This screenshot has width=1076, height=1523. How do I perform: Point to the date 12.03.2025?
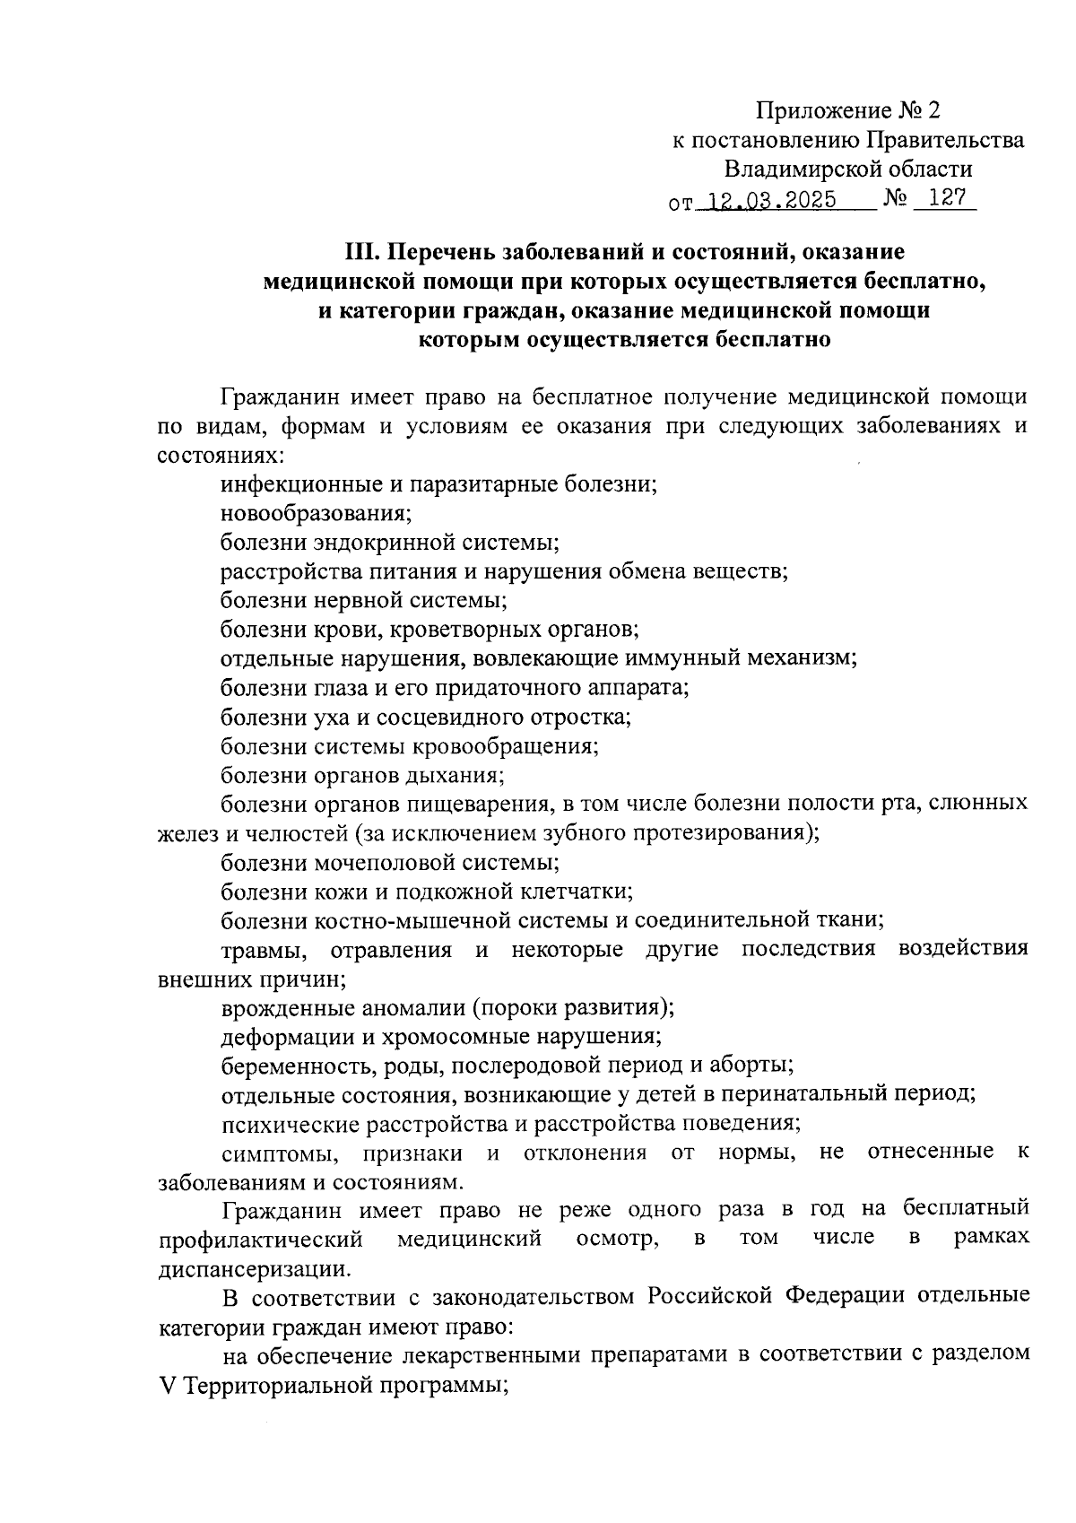[x=770, y=199]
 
